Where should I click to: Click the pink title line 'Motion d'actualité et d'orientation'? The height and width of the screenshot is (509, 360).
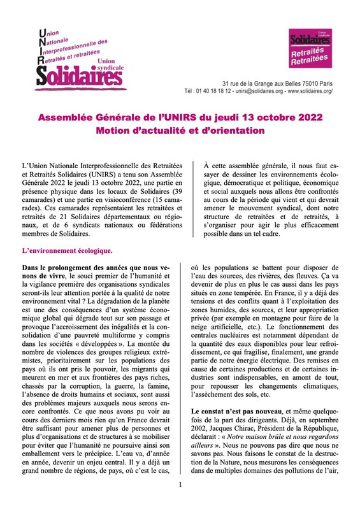coord(180,131)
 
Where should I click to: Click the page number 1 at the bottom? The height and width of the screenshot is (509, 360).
coord(180,485)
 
